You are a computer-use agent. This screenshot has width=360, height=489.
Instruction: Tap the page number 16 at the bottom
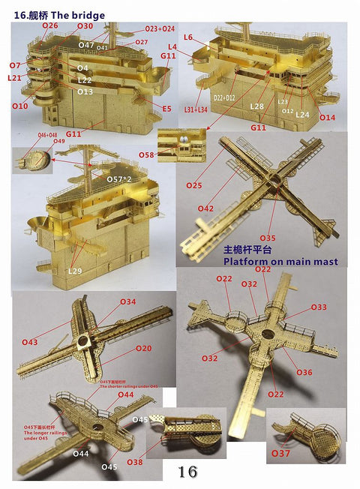[187, 472]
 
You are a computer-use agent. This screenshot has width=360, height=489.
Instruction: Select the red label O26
[49, 25]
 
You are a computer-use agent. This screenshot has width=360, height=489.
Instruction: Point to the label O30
[85, 26]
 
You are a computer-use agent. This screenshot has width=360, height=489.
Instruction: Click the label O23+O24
[160, 28]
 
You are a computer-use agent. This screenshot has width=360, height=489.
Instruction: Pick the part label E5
[166, 109]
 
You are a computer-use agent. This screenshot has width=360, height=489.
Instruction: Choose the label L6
[188, 37]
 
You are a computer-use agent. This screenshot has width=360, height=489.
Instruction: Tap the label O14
[327, 118]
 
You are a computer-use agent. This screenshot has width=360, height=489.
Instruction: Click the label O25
[194, 185]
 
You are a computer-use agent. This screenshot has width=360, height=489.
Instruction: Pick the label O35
[268, 238]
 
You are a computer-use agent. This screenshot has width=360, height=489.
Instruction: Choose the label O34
[128, 301]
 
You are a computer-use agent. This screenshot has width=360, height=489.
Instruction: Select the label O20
[144, 348]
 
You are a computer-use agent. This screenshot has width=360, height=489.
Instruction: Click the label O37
[280, 454]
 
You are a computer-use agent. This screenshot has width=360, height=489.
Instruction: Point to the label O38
[155, 463]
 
